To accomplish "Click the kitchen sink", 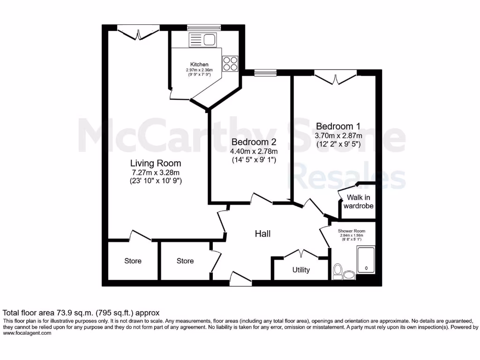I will pos(203,40).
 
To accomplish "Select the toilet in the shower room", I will pos(337,270).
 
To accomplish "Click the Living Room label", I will pos(155,164).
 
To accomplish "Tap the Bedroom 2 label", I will pos(254,142).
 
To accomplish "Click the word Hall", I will pos(262,233).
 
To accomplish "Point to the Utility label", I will pos(301,270).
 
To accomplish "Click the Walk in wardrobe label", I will pos(359,202).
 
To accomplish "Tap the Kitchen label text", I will pos(199,65).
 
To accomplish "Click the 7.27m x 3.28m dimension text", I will pos(155,172).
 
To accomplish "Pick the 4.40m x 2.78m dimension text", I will pos(254,151).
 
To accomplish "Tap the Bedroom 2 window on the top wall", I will pos(265,72).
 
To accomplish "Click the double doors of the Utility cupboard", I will pos(300,253).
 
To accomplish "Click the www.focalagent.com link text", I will pos(27,333).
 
